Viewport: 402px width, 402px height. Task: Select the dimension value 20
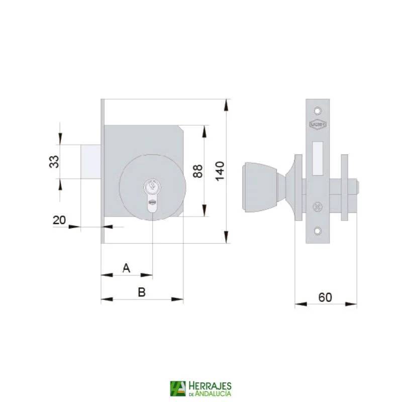[59, 220]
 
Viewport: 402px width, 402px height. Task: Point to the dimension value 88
[197, 171]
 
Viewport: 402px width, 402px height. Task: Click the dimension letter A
[127, 268]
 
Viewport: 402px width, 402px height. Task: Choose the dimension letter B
[142, 292]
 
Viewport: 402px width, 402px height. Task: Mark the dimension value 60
[325, 297]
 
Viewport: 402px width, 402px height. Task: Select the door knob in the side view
[259, 186]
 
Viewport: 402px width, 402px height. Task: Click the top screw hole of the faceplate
[317, 109]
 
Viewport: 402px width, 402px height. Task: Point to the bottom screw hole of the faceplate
[317, 231]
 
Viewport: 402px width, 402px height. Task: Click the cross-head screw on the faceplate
[317, 206]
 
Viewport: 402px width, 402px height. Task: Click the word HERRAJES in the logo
[210, 385]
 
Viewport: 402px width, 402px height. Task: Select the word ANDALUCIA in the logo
[213, 393]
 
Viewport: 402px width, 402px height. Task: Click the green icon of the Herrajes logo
[177, 388]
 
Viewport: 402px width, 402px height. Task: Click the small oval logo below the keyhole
[152, 203]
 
